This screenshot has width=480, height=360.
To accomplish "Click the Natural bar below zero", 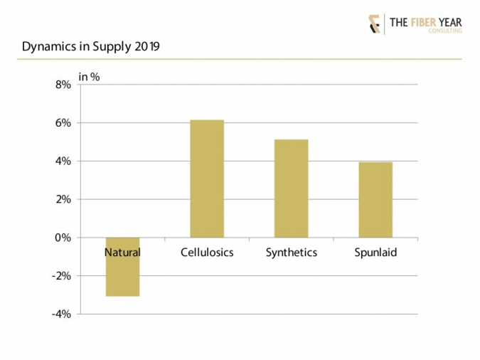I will coord(122,277).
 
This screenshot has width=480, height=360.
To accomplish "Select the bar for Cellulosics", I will coord(207,179).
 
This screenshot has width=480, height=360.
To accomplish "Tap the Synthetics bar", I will coord(291,189).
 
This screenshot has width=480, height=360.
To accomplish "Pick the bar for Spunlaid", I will coord(375,200).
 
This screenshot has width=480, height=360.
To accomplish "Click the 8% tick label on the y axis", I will coord(63,85).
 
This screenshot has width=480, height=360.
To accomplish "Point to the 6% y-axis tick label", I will coord(63,123).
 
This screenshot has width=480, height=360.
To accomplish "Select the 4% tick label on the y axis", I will coord(63,162).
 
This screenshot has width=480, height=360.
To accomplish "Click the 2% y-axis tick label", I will coord(63,200).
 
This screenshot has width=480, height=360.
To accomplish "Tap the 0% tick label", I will coord(63,238).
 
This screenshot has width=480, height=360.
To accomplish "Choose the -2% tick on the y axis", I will coord(61,276).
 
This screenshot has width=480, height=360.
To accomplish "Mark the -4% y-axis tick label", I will coord(61,314).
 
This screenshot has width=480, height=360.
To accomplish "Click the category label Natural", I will coord(122,253).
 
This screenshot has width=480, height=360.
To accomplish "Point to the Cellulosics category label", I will coord(207,253).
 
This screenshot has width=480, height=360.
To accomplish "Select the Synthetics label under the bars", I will coord(291,253).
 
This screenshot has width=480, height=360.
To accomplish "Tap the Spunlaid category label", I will coord(375,253).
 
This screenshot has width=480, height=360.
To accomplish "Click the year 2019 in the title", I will coord(145,47).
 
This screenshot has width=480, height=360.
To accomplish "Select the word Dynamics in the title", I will coord(48,47).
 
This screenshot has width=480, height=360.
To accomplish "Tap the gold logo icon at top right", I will coord(374,23).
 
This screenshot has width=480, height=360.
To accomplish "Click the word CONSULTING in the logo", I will coord(445,31).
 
